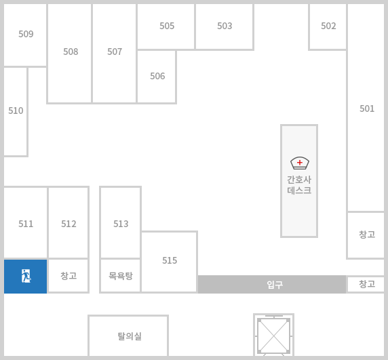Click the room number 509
[x=26, y=34]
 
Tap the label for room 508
[x=71, y=52]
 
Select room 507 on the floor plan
[x=115, y=52]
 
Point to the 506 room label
[x=157, y=76]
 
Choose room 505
[x=167, y=26]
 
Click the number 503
[x=225, y=26]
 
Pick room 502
[x=328, y=26]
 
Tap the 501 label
[x=367, y=108]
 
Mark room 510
[x=16, y=111]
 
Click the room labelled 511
[x=26, y=224]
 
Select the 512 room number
[x=69, y=224]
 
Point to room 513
[x=121, y=224]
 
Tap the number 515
[x=170, y=260]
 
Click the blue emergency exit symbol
[x=26, y=276]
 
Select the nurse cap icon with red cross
[x=300, y=163]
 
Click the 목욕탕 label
[x=121, y=276]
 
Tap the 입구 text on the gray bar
[x=275, y=285]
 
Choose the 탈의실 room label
[x=130, y=336]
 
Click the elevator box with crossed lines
[x=273, y=336]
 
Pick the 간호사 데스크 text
[x=299, y=185]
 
